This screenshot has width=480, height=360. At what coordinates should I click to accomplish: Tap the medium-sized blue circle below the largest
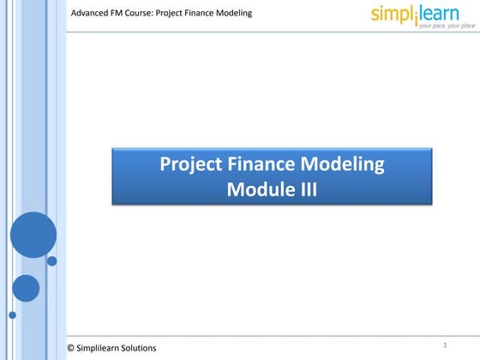(x=26, y=288)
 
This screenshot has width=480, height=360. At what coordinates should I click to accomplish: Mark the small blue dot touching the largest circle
(x=51, y=261)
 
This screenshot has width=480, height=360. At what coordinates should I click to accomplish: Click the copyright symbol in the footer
(x=70, y=347)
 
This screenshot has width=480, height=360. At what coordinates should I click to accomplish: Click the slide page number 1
(x=446, y=345)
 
